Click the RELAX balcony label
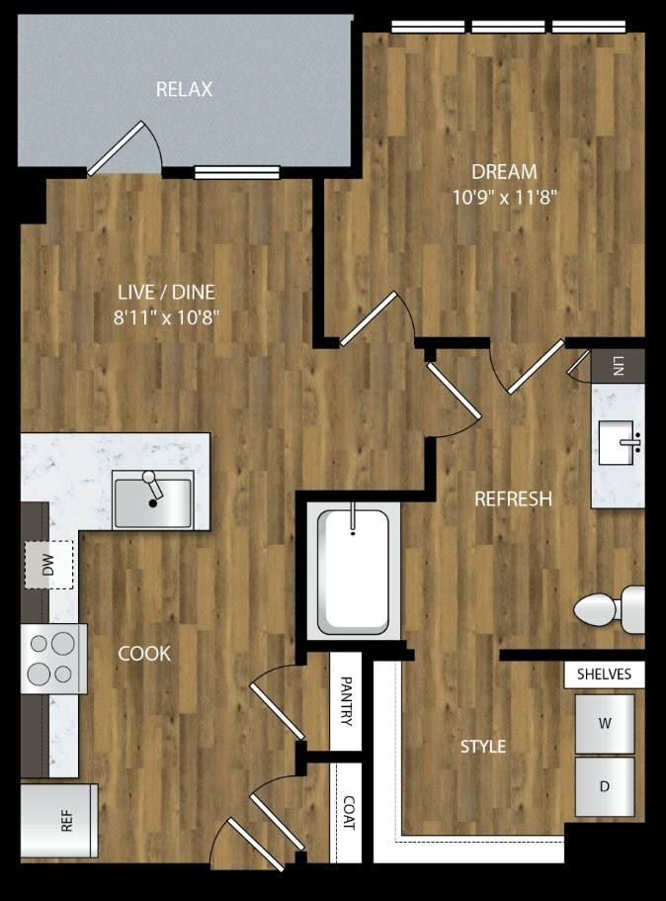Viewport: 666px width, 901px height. click(x=184, y=89)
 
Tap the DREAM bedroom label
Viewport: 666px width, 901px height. click(x=504, y=171)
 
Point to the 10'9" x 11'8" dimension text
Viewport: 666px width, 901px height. click(x=505, y=197)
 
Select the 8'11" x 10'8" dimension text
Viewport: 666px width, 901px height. click(x=166, y=316)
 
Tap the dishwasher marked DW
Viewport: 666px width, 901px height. click(x=48, y=565)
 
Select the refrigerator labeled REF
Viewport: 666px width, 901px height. click(x=58, y=821)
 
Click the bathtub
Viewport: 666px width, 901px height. click(x=353, y=572)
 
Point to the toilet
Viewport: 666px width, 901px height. click(x=609, y=609)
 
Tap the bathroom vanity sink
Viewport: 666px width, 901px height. click(x=617, y=442)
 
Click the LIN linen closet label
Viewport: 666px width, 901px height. click(x=618, y=366)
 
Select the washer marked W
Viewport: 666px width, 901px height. click(x=605, y=724)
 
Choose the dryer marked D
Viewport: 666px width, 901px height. click(x=605, y=786)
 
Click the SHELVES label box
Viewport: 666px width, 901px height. click(x=604, y=675)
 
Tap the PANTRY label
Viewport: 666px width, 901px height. click(x=347, y=700)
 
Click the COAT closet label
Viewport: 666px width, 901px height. click(x=348, y=813)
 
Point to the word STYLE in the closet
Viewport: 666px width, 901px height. click(x=483, y=747)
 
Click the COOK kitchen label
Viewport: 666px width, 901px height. click(x=144, y=654)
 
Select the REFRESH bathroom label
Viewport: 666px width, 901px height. click(x=513, y=498)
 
